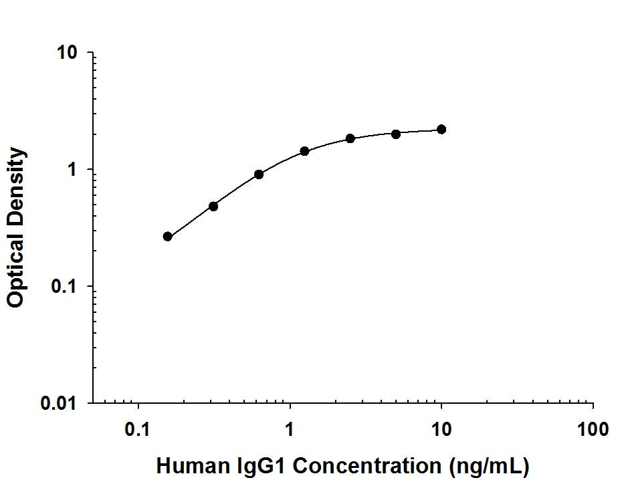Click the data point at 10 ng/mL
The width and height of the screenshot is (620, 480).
pyautogui.click(x=441, y=129)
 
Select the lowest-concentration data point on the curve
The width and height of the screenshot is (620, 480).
pyautogui.click(x=168, y=237)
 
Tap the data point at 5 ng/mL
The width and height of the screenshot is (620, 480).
pyautogui.click(x=396, y=134)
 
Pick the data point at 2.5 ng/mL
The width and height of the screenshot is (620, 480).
pyautogui.click(x=350, y=138)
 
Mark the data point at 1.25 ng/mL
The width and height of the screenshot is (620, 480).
pyautogui.click(x=304, y=151)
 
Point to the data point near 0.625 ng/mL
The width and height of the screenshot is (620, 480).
pyautogui.click(x=259, y=174)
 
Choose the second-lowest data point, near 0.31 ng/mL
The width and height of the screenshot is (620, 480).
pyautogui.click(x=213, y=206)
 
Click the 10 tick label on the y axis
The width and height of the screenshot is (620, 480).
pyautogui.click(x=68, y=53)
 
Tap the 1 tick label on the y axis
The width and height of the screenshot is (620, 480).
pyautogui.click(x=74, y=170)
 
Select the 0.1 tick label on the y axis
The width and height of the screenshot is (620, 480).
pyautogui.click(x=65, y=287)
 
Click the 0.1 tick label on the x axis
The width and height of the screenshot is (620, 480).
pyautogui.click(x=138, y=429)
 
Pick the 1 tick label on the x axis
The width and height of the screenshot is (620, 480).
pyautogui.click(x=290, y=429)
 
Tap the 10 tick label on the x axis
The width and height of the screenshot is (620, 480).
pyautogui.click(x=441, y=429)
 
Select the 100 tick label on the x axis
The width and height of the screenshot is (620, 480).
pyautogui.click(x=593, y=429)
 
